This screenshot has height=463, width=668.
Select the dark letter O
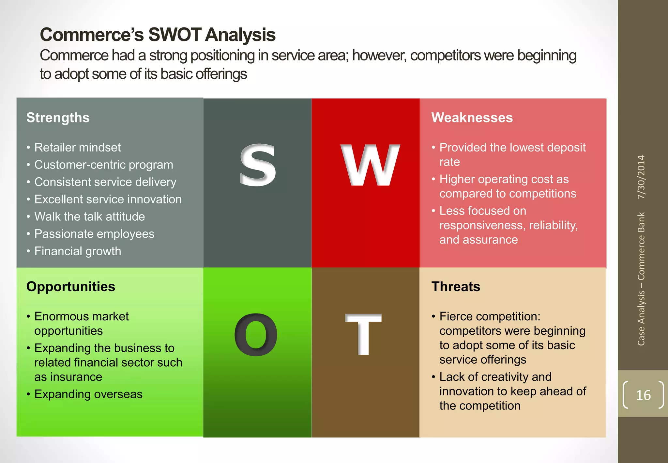(x=256, y=335)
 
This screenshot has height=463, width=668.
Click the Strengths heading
(x=58, y=118)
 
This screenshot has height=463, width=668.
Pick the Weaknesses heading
(x=472, y=118)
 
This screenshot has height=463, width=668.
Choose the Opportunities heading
(x=70, y=286)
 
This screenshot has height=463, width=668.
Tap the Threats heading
(x=456, y=286)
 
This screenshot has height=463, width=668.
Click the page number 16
(x=643, y=395)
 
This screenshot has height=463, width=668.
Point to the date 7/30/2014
(x=641, y=177)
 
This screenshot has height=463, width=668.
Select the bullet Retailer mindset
(x=77, y=147)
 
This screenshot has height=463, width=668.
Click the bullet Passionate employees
(x=94, y=234)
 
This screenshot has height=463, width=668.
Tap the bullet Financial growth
(x=78, y=251)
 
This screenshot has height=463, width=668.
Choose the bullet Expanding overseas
(x=88, y=394)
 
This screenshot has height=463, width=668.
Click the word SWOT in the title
(x=175, y=35)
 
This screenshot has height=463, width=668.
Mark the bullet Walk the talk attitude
(x=89, y=216)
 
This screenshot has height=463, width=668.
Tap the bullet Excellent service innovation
(x=108, y=199)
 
